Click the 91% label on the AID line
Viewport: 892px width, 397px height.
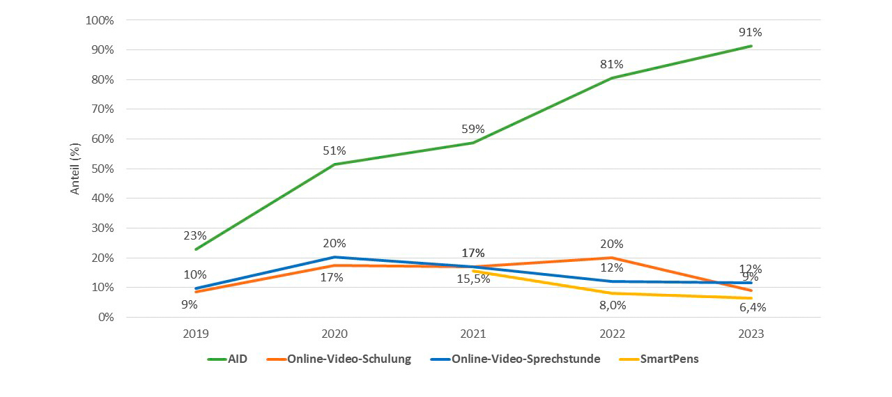click(751, 32)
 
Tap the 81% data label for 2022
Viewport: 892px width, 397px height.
click(612, 64)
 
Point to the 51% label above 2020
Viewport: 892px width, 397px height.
click(334, 150)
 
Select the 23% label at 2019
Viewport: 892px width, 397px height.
click(194, 235)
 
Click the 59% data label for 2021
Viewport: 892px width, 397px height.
click(472, 129)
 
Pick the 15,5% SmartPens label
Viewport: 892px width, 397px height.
click(472, 279)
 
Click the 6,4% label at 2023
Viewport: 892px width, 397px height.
click(751, 307)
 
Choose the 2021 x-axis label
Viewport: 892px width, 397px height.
click(472, 334)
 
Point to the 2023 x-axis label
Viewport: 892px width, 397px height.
click(751, 334)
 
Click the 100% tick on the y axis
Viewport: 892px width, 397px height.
click(99, 20)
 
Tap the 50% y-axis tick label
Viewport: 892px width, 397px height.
click(102, 169)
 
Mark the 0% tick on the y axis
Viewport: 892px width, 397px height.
click(105, 317)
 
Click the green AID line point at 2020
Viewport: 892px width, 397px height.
click(334, 164)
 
